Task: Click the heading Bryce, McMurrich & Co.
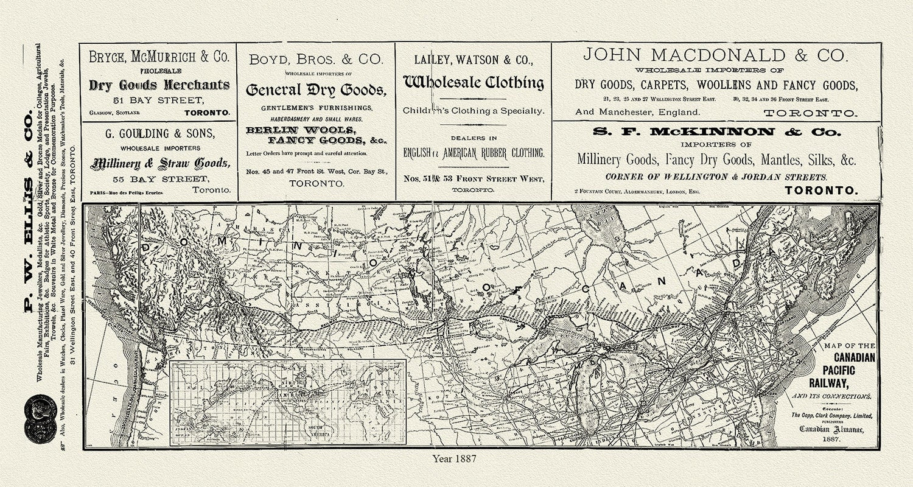coord(159,57)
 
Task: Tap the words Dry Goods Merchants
coord(159,85)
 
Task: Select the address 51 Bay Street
coord(159,100)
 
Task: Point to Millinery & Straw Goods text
coord(160,163)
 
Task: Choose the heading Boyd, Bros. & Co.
coord(316,59)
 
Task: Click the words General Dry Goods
coord(316,90)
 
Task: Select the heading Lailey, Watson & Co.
coord(474,60)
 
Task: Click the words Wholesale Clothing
coord(474,83)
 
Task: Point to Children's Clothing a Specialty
coord(474,111)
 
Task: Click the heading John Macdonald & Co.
coord(715,55)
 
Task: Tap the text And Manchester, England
coord(637,112)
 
